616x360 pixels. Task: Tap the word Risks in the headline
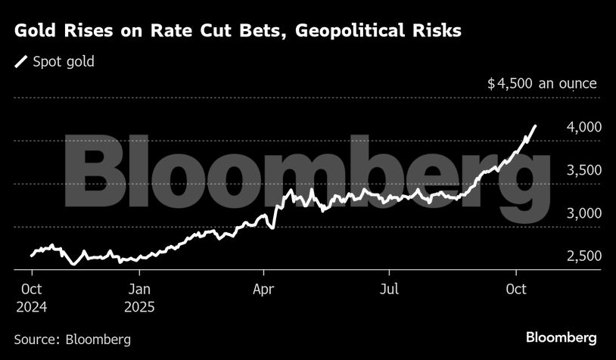[x=434, y=32]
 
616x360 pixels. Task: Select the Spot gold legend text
[x=64, y=62]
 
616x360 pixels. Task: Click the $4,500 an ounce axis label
[x=542, y=84]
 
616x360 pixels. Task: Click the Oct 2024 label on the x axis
[x=31, y=298]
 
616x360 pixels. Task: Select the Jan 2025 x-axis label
[x=141, y=298]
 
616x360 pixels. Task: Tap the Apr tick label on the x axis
[x=263, y=289]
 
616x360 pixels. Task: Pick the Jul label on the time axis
[x=388, y=289]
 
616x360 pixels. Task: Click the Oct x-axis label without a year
[x=515, y=289]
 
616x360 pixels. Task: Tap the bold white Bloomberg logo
[x=561, y=337]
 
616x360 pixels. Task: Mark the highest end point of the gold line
[x=536, y=126]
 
